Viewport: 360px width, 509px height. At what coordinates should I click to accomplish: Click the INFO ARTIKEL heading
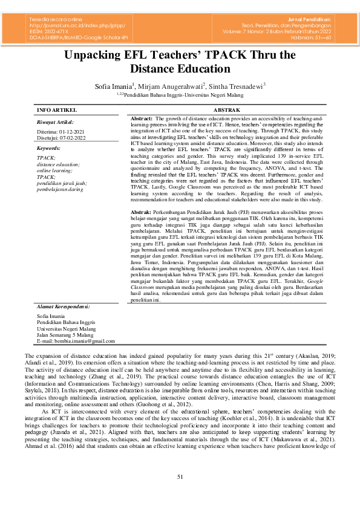click(57, 111)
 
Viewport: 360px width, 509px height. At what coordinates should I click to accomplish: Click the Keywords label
click(49, 148)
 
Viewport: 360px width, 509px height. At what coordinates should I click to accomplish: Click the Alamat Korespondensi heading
click(64, 306)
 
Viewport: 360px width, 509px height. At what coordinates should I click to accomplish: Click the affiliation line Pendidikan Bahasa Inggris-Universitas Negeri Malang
click(182, 95)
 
